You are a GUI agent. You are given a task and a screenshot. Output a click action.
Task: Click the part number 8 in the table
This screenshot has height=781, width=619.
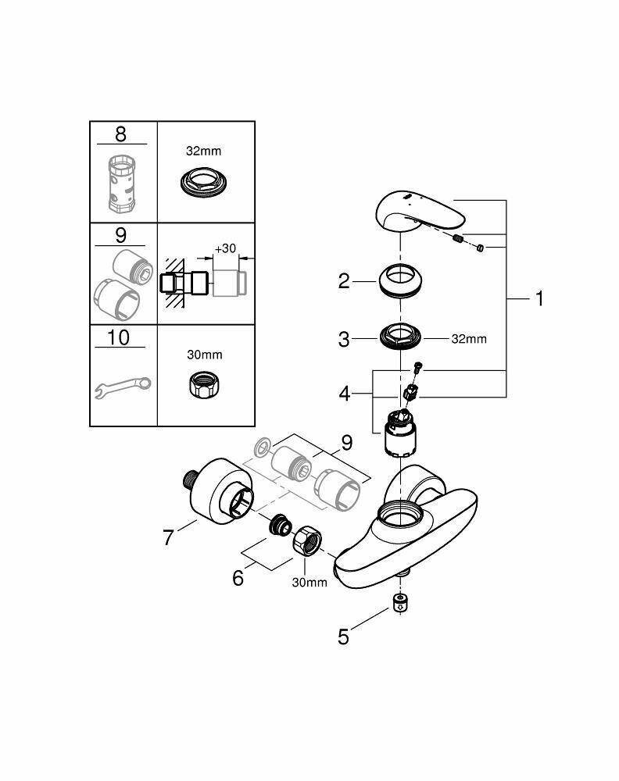(x=120, y=134)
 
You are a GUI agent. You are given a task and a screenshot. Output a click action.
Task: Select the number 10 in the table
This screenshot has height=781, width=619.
(x=120, y=337)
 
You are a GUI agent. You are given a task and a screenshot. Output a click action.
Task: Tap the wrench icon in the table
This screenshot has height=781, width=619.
(x=123, y=385)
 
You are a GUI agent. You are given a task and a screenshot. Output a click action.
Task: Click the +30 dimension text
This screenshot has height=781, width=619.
(x=227, y=248)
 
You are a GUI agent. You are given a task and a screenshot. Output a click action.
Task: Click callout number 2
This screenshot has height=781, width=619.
(x=345, y=281)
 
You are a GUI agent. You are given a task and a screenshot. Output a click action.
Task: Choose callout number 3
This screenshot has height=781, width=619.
(x=345, y=340)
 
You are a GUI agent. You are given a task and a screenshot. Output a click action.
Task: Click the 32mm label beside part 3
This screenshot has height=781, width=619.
(x=469, y=339)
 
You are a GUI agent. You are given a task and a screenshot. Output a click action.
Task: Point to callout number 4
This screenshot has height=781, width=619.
(x=345, y=394)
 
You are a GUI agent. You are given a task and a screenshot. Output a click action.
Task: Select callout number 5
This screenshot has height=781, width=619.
(x=343, y=637)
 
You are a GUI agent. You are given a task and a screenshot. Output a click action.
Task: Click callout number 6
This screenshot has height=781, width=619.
(x=237, y=578)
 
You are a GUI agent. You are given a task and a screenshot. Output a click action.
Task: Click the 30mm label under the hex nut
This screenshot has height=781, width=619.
(x=309, y=583)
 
